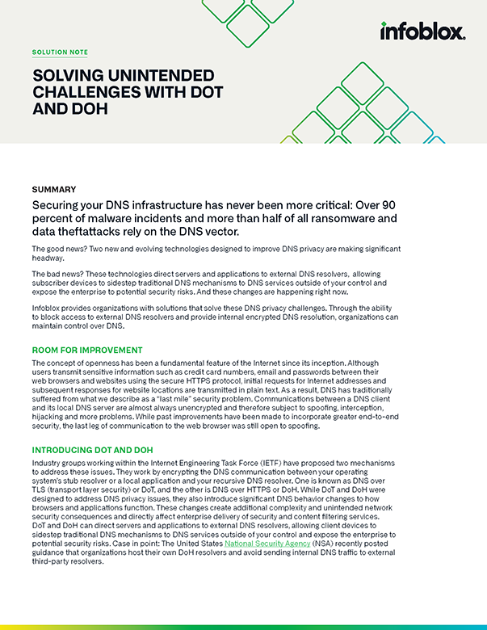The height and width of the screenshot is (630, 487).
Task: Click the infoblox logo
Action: point(422,31)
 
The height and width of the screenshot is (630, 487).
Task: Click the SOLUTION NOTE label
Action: point(60,52)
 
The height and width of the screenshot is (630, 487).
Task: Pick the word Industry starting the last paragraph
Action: point(48,464)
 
